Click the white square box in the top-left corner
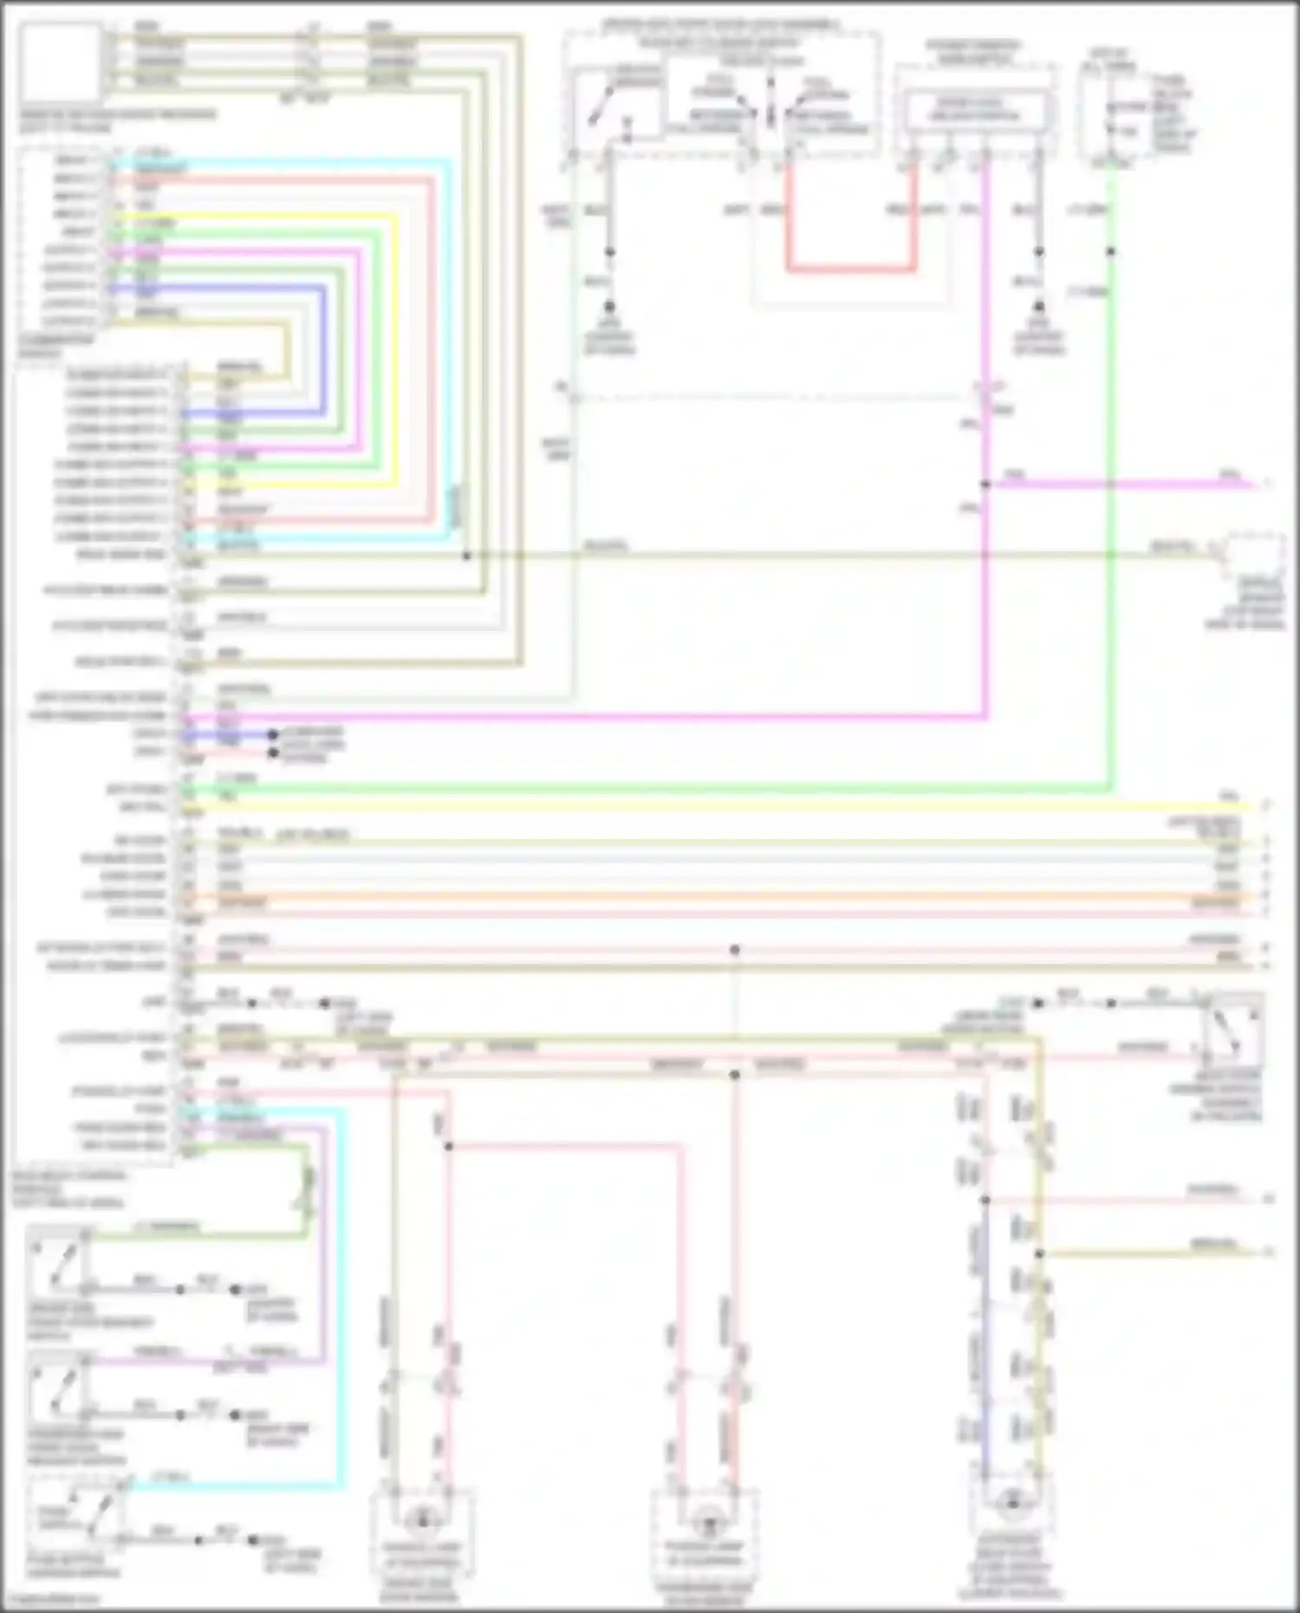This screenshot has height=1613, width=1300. pyautogui.click(x=60, y=62)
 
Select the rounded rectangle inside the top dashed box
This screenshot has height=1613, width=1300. pyautogui.click(x=975, y=109)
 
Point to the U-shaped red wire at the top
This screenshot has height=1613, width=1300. pyautogui.click(x=850, y=269)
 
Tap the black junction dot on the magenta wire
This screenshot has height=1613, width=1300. pyautogui.click(x=985, y=485)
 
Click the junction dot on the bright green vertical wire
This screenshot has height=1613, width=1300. pyautogui.click(x=1111, y=251)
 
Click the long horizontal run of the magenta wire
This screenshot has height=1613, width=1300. pyautogui.click(x=607, y=717)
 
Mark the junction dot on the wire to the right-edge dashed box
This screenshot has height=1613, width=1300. pyautogui.click(x=466, y=555)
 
